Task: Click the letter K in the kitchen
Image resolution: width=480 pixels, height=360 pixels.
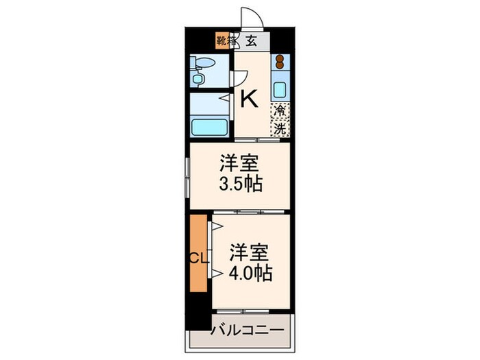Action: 249,100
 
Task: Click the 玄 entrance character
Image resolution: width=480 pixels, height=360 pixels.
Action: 252,40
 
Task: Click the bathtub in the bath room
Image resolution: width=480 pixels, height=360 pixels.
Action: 209,128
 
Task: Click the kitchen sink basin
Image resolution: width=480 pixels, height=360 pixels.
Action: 280,89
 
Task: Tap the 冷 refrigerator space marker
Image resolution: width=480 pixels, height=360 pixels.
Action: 280,110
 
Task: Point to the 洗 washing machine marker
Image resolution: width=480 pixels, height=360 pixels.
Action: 280,128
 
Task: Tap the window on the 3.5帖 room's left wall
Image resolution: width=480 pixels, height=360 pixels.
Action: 187,176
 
